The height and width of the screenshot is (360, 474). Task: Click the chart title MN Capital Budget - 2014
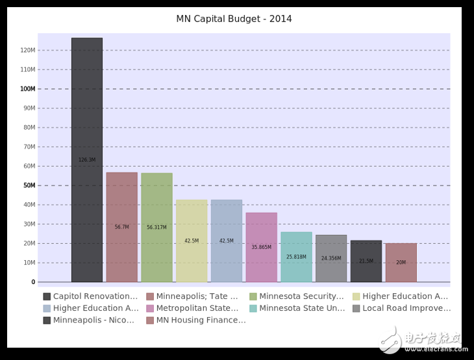point(234,19)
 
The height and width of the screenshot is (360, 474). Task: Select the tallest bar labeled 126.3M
point(87,160)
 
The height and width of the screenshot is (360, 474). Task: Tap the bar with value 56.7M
point(121,227)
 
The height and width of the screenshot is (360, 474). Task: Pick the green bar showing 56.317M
point(156,227)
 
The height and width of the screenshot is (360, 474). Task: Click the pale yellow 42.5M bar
point(192,241)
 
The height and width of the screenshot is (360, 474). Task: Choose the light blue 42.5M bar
point(226,241)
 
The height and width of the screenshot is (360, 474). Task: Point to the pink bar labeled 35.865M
point(261,247)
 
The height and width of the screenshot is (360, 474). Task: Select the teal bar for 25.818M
point(296,257)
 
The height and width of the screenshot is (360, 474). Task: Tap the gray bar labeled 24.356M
point(331,258)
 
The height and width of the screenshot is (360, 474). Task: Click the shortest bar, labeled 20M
point(401,263)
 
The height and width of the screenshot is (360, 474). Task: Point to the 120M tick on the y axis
point(27,50)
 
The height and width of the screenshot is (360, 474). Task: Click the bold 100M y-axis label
point(27,89)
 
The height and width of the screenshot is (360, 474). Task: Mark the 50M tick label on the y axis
point(29,186)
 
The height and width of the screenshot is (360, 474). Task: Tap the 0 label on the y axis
point(33,282)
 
